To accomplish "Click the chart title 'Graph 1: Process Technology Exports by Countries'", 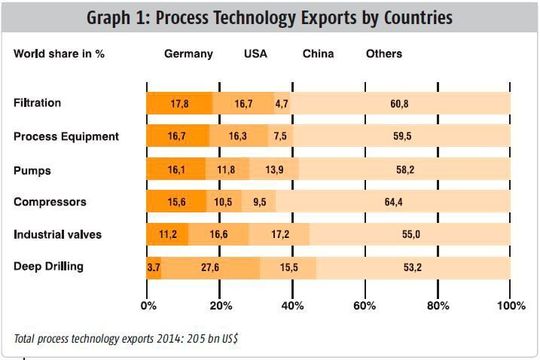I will (x=270, y=18).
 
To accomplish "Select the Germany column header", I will (x=189, y=53).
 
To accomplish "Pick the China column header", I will (x=319, y=53).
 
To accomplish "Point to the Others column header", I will (x=384, y=53).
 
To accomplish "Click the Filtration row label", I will (x=38, y=103).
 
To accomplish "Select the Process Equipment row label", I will (x=65, y=136).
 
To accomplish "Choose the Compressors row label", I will (x=49, y=201).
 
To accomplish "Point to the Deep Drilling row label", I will (x=47, y=266).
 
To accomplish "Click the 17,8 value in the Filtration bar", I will (x=180, y=103).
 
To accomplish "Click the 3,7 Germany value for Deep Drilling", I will (x=153, y=267).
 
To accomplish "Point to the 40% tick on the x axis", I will (x=292, y=305).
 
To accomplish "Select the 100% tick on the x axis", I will (x=510, y=305).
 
